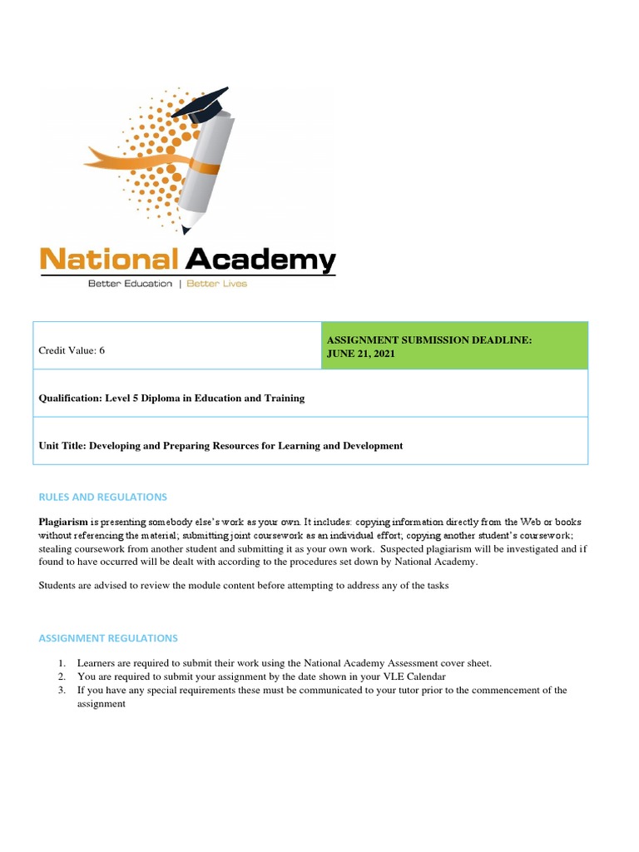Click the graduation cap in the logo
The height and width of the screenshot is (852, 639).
click(209, 103)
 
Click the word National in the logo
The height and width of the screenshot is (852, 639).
click(109, 260)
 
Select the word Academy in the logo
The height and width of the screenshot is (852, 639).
click(260, 260)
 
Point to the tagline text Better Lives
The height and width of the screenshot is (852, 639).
click(216, 284)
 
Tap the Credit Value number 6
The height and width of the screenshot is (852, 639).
click(102, 350)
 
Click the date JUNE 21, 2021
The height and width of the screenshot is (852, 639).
click(361, 354)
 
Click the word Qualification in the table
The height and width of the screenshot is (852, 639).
click(70, 399)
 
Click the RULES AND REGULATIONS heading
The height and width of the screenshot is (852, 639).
click(103, 497)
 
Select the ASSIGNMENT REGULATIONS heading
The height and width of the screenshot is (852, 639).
click(108, 638)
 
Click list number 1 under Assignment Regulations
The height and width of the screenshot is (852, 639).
click(62, 663)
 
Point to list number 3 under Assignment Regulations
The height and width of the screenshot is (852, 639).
click(62, 690)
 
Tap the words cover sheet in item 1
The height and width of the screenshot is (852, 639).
click(466, 663)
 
